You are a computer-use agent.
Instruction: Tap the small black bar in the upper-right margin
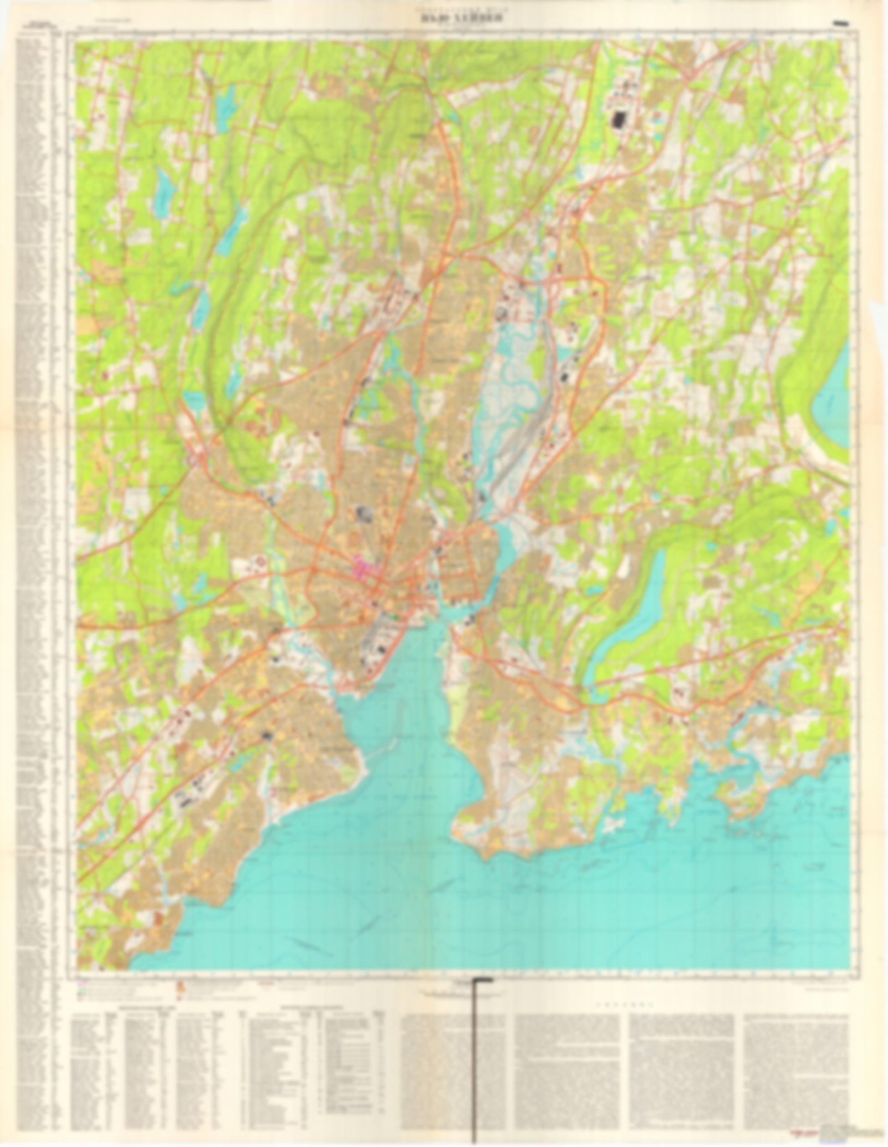[840, 23]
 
